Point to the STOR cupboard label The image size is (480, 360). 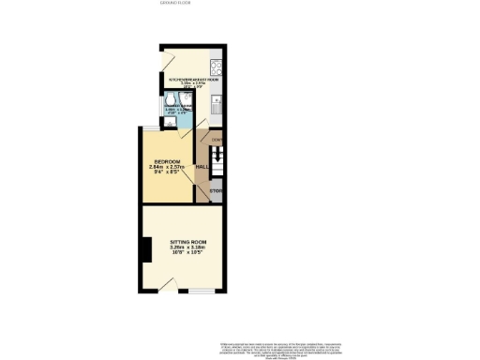pos(215,192)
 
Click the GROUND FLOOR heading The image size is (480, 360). pos(175,3)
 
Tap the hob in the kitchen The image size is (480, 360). pos(215,67)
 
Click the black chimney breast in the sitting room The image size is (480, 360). pos(145,250)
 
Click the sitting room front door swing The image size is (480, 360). pos(166,284)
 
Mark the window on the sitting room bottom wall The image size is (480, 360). pos(200,292)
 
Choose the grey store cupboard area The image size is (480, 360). pos(216,195)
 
